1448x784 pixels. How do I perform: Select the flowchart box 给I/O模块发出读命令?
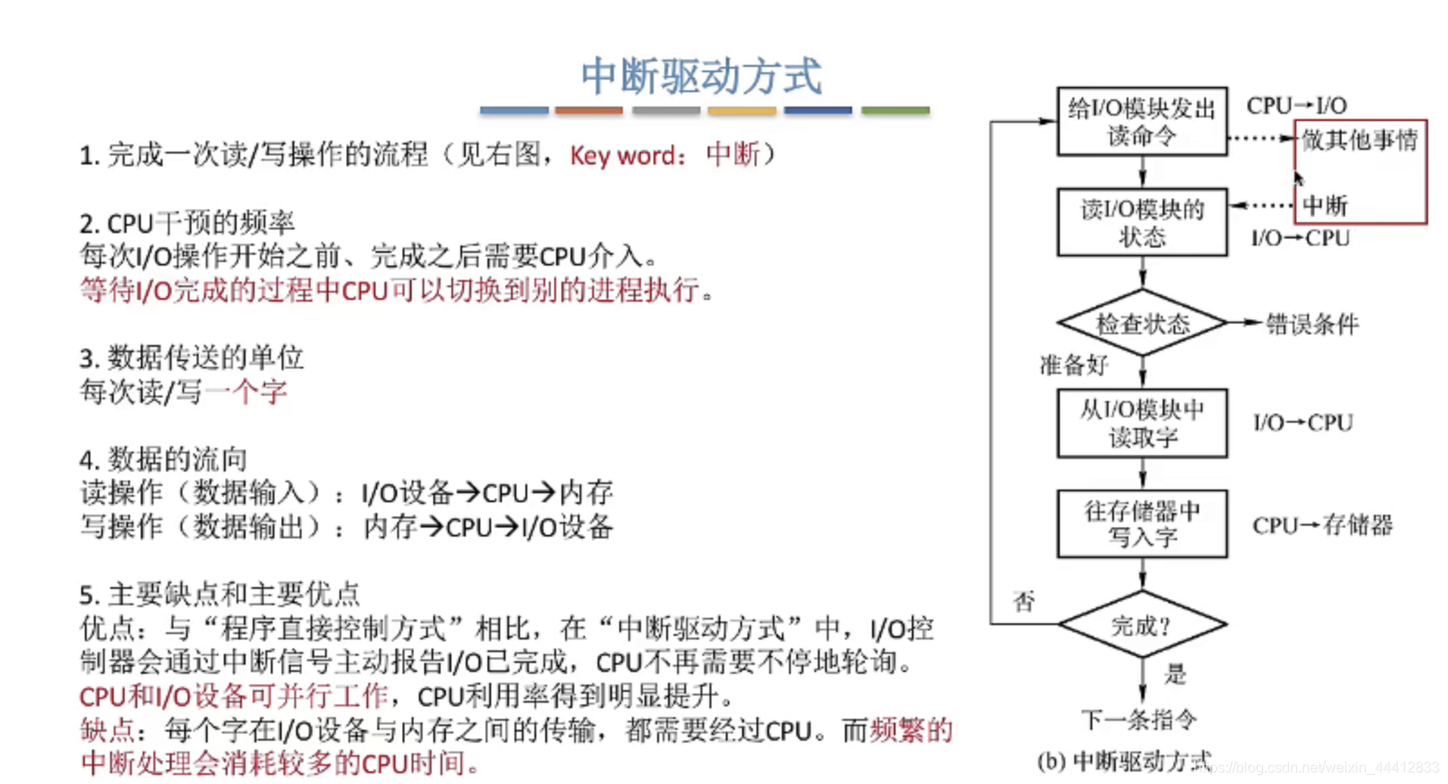(x=1142, y=122)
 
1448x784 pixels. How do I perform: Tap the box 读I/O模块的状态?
(x=1142, y=222)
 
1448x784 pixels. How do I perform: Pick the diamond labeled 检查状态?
(x=1142, y=323)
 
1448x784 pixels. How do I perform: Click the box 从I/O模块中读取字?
(x=1142, y=424)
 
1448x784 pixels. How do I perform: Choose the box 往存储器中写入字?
(x=1142, y=524)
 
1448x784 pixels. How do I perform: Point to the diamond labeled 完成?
(x=1142, y=625)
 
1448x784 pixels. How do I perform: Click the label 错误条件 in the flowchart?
(x=1312, y=324)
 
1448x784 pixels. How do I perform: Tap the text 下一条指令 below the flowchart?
(x=1139, y=720)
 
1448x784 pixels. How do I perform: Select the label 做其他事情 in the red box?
(x=1360, y=140)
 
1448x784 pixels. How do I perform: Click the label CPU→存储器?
(x=1323, y=526)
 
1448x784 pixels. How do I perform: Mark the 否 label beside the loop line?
(x=1024, y=602)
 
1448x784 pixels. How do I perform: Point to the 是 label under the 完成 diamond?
(x=1174, y=674)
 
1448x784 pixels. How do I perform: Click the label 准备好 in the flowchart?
(x=1073, y=365)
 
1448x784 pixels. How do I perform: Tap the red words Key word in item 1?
(x=623, y=156)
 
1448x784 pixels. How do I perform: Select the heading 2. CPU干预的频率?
(x=187, y=222)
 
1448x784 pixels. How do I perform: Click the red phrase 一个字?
(x=246, y=392)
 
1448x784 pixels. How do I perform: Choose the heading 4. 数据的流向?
(x=163, y=459)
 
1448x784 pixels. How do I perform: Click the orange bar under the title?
(x=589, y=110)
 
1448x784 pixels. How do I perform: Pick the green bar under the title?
(x=895, y=110)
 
